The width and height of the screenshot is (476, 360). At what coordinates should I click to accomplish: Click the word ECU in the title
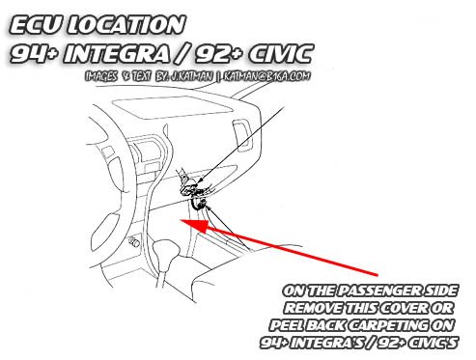coord(35,25)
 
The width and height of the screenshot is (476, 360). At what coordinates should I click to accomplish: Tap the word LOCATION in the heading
coord(126,25)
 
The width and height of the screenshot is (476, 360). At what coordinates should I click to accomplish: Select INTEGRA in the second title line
coord(117,53)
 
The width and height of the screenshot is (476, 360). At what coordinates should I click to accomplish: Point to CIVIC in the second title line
coord(280,53)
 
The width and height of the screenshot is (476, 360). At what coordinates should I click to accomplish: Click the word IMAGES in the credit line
coord(101,76)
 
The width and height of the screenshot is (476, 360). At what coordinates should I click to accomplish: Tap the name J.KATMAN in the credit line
coord(191,76)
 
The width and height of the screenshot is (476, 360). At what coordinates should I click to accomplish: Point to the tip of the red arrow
coord(181,221)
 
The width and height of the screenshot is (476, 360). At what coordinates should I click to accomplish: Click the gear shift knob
coord(166,250)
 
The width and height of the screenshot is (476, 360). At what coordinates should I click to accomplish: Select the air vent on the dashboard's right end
coord(242,135)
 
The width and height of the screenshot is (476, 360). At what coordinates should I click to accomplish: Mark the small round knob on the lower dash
coord(134,241)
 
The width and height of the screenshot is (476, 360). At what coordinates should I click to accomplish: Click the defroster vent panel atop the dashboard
coord(172,108)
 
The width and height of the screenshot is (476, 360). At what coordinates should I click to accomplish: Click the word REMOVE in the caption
coord(313,308)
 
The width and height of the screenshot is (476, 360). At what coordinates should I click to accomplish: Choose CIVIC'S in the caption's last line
coord(432,343)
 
